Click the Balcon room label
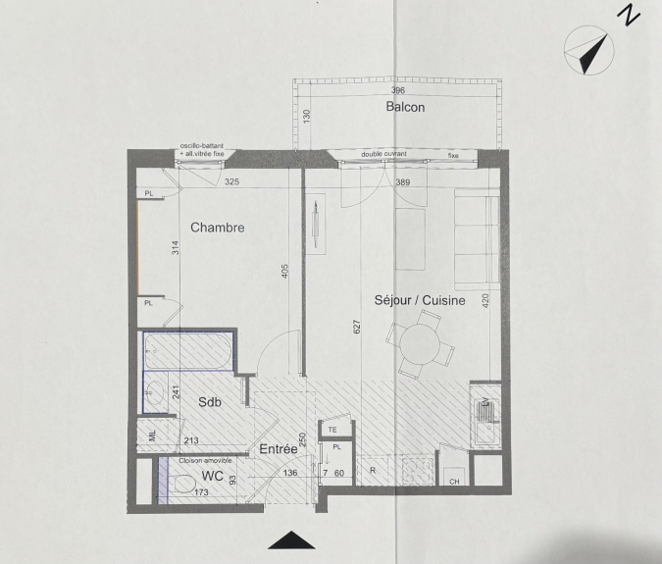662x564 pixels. (405, 107)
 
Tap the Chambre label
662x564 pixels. (218, 228)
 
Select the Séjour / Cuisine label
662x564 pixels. (420, 300)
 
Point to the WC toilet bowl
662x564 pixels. (184, 484)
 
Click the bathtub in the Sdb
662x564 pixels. (188, 351)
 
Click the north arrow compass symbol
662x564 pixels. (589, 50)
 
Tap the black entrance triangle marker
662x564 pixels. (291, 540)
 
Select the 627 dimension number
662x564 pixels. (357, 327)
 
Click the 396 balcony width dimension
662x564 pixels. (398, 90)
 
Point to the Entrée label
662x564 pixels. (279, 449)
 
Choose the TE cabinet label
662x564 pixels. (332, 430)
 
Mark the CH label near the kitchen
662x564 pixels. (454, 482)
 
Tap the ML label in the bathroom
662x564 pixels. (152, 436)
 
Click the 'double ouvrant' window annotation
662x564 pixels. (383, 154)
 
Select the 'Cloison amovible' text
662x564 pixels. (205, 461)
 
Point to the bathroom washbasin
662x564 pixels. (156, 393)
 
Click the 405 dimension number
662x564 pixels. (284, 271)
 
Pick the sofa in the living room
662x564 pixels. (477, 239)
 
